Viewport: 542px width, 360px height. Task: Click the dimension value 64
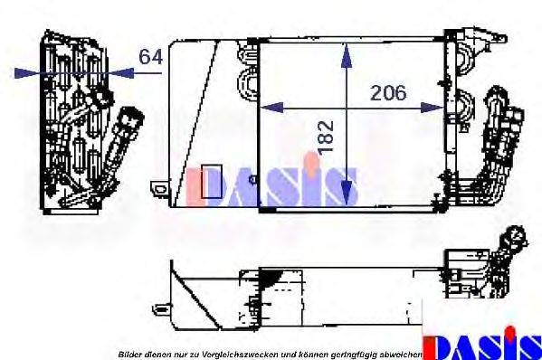(x=150, y=57)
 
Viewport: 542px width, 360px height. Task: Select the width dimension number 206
(x=388, y=92)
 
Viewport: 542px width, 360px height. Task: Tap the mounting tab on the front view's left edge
(x=159, y=188)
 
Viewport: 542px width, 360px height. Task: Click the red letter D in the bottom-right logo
(x=438, y=346)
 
